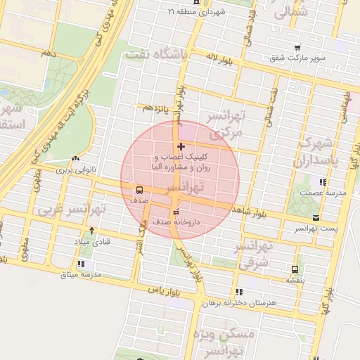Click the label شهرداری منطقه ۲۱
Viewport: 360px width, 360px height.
(x=205, y=12)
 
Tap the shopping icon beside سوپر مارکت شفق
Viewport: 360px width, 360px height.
(x=297, y=47)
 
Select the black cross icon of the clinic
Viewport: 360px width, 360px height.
(x=181, y=147)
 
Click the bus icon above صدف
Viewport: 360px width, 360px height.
(x=139, y=189)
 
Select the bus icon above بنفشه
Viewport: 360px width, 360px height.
(x=294, y=269)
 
